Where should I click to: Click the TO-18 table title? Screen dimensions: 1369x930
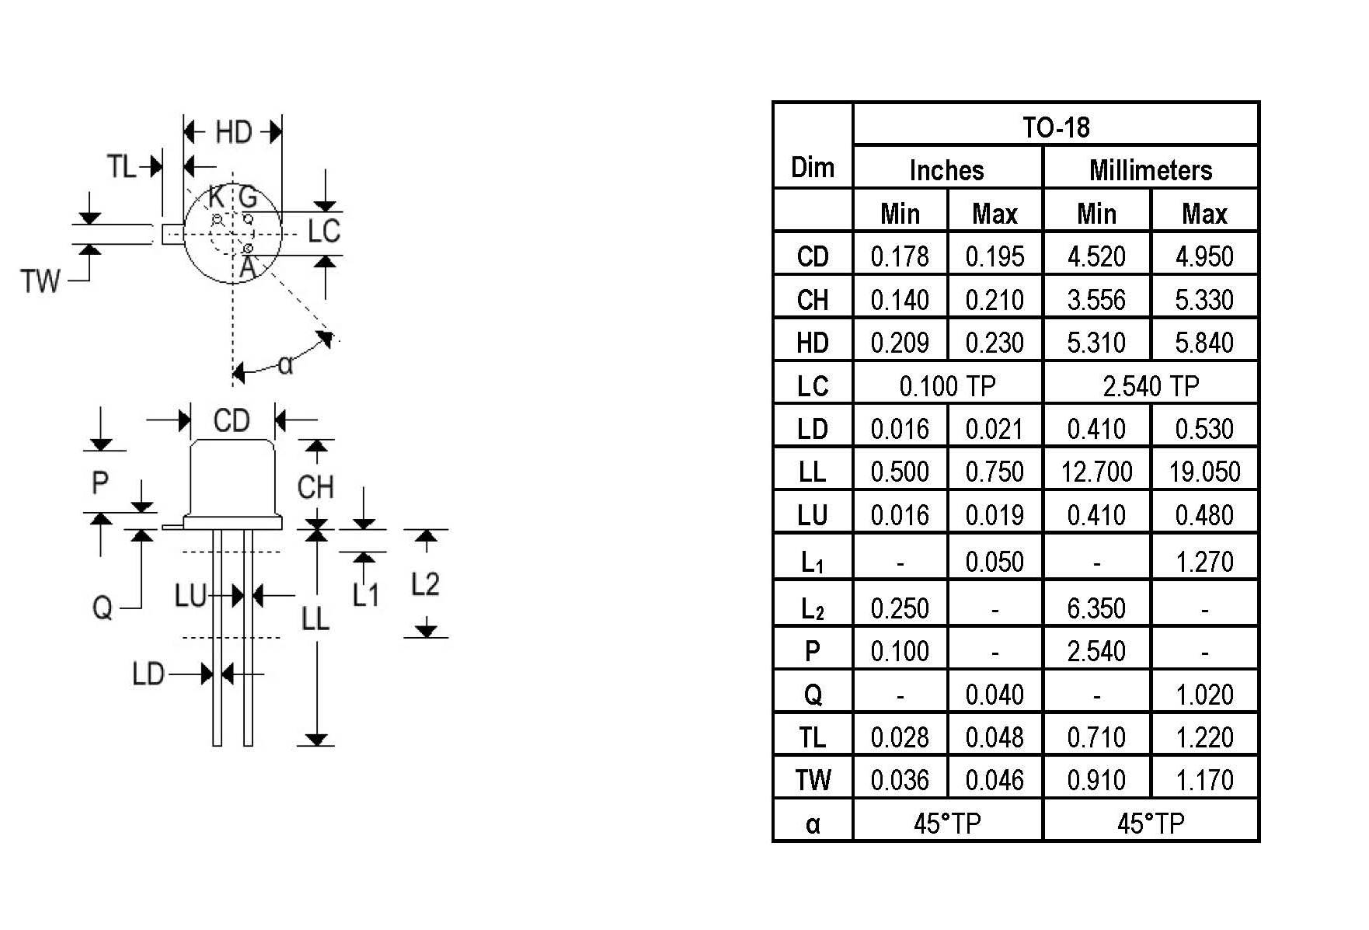click(1056, 127)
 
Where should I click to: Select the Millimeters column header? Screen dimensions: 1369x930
click(1151, 169)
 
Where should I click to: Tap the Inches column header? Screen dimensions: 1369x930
click(946, 169)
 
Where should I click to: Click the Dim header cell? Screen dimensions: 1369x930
click(813, 167)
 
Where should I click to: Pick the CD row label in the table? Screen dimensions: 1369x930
click(813, 256)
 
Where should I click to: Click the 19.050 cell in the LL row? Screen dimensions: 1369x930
click(1204, 471)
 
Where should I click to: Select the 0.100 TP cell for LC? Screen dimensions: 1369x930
click(947, 385)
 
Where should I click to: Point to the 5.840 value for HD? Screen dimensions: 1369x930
click(1204, 342)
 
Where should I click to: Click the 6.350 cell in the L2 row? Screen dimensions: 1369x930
click(1096, 608)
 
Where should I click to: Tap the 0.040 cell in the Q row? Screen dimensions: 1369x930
click(995, 694)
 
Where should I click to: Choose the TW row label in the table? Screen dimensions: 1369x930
click(813, 779)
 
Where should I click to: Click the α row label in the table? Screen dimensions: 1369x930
click(813, 824)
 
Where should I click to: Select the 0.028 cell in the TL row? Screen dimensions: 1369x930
click(900, 737)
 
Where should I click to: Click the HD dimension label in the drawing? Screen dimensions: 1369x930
click(234, 132)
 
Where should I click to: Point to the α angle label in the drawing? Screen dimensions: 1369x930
click(285, 364)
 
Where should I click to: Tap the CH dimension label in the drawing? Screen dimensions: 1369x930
click(315, 487)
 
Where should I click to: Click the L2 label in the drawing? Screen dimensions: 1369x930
click(425, 583)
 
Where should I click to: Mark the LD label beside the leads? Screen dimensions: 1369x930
click(148, 674)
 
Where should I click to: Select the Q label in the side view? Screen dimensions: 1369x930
click(103, 607)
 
